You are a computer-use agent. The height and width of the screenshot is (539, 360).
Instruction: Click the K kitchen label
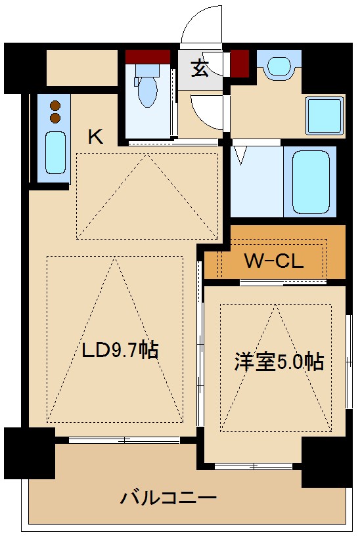click(x=96, y=137)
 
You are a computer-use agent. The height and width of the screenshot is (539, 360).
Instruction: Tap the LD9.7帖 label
click(x=120, y=351)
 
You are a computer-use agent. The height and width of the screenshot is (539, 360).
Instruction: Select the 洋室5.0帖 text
click(x=279, y=362)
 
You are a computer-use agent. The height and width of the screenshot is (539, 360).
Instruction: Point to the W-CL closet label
click(x=273, y=261)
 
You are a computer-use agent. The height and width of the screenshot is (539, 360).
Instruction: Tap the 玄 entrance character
click(x=200, y=68)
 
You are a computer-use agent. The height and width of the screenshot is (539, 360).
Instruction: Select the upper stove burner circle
click(x=55, y=105)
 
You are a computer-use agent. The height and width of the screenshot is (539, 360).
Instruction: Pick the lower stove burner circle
click(x=55, y=118)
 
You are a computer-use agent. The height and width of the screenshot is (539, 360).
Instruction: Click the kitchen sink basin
click(x=55, y=152)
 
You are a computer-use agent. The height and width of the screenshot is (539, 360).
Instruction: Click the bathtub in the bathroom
click(x=309, y=181)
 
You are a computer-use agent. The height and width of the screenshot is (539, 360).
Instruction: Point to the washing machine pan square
click(x=325, y=116)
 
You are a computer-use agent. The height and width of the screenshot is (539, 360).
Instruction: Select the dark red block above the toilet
click(x=148, y=56)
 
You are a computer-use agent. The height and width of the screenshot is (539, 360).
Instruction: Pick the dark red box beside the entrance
click(x=238, y=64)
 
